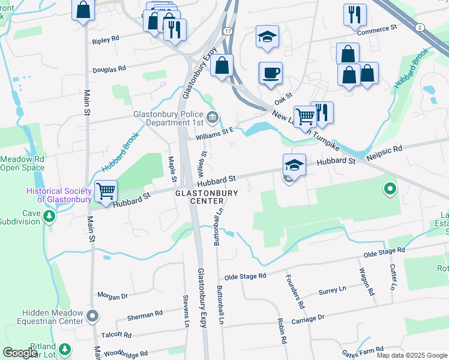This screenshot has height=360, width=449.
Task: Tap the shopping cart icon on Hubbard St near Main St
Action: (106, 192)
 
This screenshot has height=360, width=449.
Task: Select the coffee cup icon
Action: (271, 73)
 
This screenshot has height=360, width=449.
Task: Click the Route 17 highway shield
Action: (227, 30)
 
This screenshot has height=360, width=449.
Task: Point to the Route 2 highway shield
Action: (419, 27)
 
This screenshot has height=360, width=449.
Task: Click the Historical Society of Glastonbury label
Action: (59, 195)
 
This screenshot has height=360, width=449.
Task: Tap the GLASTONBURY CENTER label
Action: (206, 197)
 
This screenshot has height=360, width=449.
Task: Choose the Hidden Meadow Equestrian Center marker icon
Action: (92, 316)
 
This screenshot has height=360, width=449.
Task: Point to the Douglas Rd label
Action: (109, 69)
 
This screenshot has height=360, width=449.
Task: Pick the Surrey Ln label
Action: (333, 290)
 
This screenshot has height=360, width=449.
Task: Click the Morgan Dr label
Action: (113, 296)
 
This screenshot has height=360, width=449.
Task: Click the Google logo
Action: (20, 352)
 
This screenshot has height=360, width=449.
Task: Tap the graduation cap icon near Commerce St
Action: (267, 37)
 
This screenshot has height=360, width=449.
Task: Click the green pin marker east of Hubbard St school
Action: (390, 190)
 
